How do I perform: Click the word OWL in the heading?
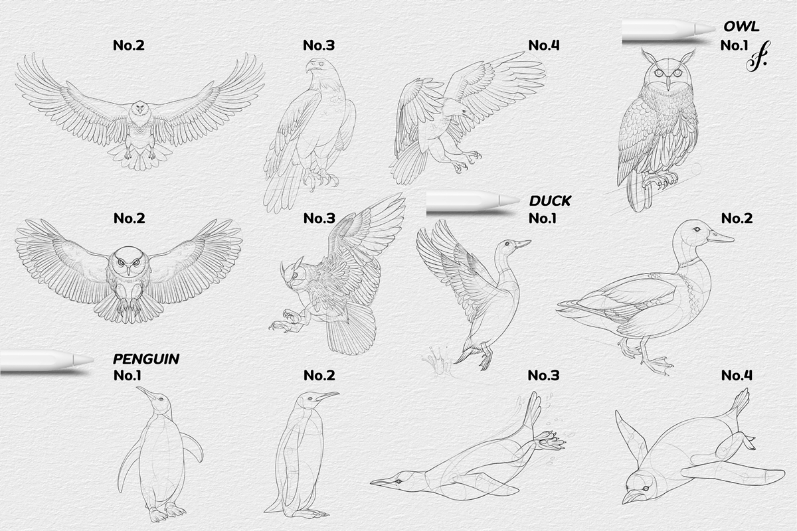(741, 28)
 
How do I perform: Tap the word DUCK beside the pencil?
(550, 200)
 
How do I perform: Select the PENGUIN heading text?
(146, 359)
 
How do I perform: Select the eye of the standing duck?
(697, 229)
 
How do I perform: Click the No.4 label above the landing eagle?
(544, 45)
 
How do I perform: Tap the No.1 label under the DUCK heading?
(544, 218)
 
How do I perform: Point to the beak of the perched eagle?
(310, 68)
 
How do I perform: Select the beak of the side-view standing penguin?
(326, 396)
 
